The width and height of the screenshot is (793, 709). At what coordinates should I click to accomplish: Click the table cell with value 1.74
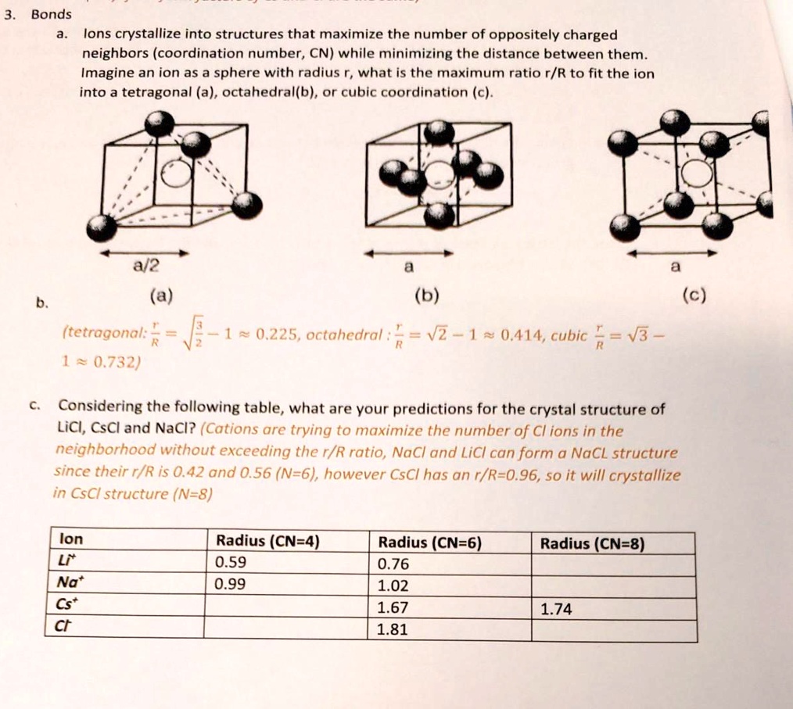(556, 610)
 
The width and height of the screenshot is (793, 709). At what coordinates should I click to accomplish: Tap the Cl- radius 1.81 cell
(392, 630)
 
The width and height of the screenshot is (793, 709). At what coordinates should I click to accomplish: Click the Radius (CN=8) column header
(592, 544)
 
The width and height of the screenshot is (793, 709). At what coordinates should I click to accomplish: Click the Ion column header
(71, 540)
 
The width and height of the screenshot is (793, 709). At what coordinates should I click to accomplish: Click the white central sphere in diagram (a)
(176, 177)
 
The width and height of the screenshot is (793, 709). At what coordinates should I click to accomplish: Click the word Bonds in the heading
(51, 14)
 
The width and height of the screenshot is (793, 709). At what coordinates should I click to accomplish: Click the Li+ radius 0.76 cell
(393, 564)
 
